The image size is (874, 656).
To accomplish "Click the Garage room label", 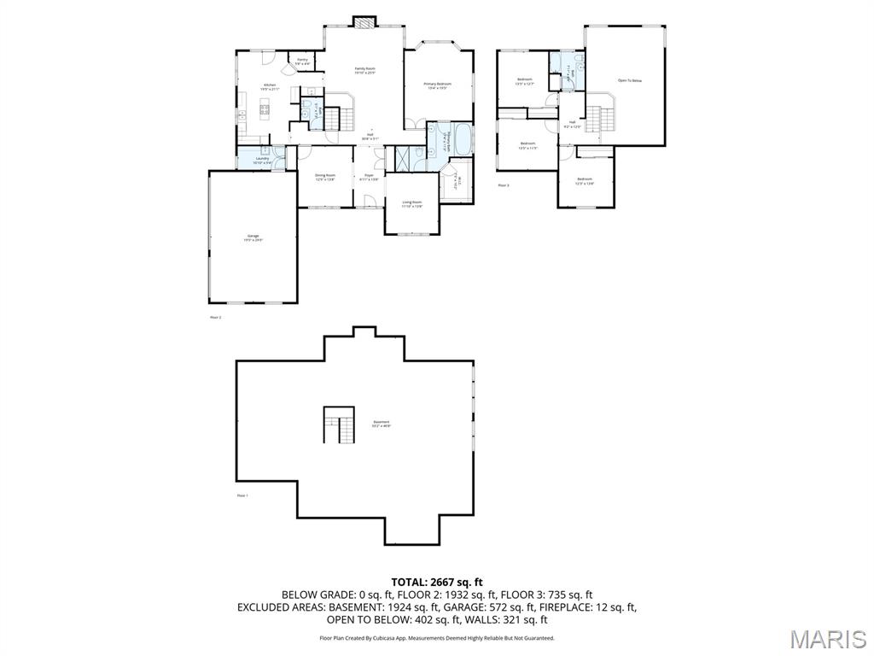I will pyautogui.click(x=253, y=237).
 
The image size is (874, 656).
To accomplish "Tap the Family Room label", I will pyautogui.click(x=365, y=70).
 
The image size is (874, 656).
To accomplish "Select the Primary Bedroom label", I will pyautogui.click(x=438, y=85).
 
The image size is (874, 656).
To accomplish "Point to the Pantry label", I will pyautogui.click(x=302, y=61).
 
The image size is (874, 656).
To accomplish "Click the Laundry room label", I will pyautogui.click(x=262, y=160).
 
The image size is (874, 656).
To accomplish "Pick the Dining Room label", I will pyautogui.click(x=325, y=177).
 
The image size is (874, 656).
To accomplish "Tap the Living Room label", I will pyautogui.click(x=412, y=203).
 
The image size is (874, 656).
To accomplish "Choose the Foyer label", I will pyautogui.click(x=369, y=177).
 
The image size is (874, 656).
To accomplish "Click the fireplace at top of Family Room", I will pyautogui.click(x=365, y=23).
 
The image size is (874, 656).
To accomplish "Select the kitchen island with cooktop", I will pyautogui.click(x=264, y=107).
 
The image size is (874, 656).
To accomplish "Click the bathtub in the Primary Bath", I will pyautogui.click(x=462, y=137).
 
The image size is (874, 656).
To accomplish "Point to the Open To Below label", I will pyautogui.click(x=629, y=80).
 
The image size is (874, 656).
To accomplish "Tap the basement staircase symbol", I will pyautogui.click(x=339, y=425).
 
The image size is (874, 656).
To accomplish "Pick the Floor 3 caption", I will pyautogui.click(x=503, y=184).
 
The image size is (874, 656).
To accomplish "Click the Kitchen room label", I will pyautogui.click(x=270, y=86).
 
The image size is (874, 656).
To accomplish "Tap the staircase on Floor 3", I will pyautogui.click(x=601, y=118).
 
